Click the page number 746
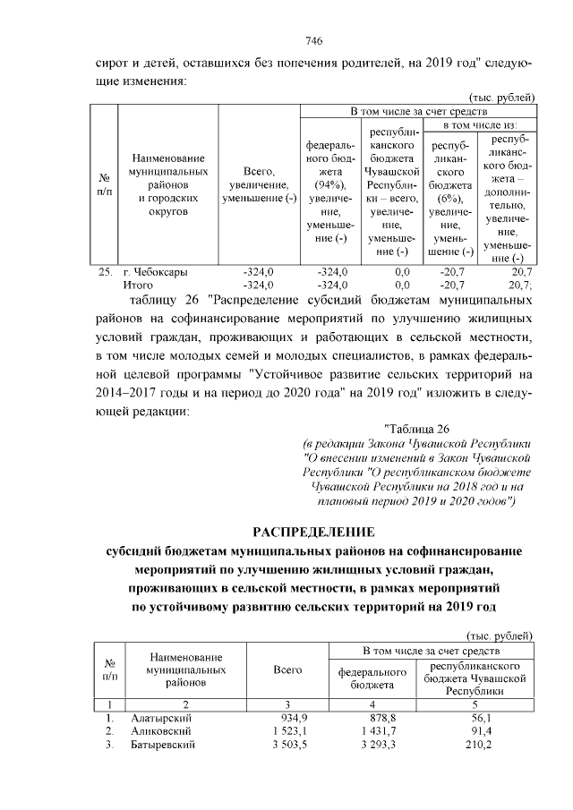(313, 41)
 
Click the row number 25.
(105, 272)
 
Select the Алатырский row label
(161, 719)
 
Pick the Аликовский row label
(162, 732)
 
